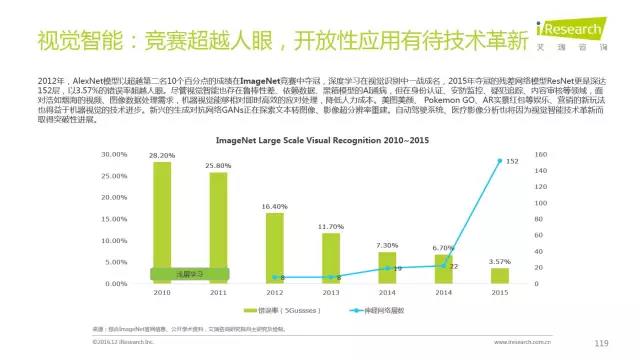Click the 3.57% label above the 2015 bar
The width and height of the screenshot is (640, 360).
tap(498, 261)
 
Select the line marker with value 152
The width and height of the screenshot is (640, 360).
tap(498, 160)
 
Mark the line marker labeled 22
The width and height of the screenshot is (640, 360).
tap(442, 266)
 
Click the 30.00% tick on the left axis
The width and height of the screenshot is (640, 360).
tap(116, 155)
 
